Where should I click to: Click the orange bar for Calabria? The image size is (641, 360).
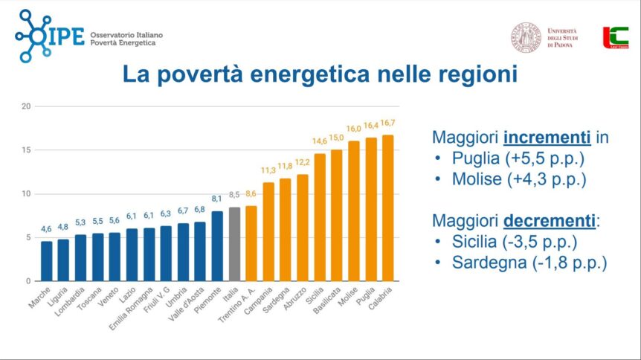point(388,208)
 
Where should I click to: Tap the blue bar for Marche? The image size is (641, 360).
point(47,261)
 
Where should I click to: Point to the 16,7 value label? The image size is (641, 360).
point(388,123)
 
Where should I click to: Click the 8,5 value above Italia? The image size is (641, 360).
point(234,195)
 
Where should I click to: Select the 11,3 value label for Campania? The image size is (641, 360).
point(268,170)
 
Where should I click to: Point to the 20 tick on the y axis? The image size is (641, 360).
point(26,106)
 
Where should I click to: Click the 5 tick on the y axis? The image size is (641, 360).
point(28,238)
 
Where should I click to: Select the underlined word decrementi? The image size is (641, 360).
point(553,221)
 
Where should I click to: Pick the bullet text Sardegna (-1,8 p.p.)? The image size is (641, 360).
point(529,263)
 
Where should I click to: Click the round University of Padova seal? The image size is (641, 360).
point(525,38)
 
